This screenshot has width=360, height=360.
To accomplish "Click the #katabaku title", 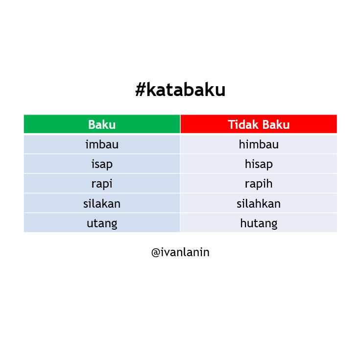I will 180,90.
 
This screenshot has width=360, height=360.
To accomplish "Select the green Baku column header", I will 102,124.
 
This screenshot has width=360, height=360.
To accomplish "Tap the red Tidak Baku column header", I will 259,124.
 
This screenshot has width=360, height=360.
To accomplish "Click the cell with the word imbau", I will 102,144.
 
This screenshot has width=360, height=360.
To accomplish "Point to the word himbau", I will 259,144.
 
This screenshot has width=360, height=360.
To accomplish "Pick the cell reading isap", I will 102,164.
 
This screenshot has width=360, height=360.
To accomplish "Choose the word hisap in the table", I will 259,164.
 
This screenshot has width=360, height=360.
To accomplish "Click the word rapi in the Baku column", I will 102,184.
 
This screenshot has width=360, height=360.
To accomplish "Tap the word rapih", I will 259,184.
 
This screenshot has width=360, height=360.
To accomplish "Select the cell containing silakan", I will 102,203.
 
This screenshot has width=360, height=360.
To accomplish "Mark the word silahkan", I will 259,203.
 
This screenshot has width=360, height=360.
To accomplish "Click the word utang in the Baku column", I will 102,223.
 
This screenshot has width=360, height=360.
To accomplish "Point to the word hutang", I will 259,223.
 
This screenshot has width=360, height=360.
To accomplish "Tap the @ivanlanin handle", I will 180,253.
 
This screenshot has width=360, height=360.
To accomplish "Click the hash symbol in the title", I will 140,90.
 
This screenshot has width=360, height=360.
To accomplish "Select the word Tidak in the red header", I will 242,124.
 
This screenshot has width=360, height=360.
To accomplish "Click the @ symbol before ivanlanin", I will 156,253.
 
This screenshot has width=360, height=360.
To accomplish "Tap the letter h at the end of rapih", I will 269,184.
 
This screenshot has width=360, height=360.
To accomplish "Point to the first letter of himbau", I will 242,144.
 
